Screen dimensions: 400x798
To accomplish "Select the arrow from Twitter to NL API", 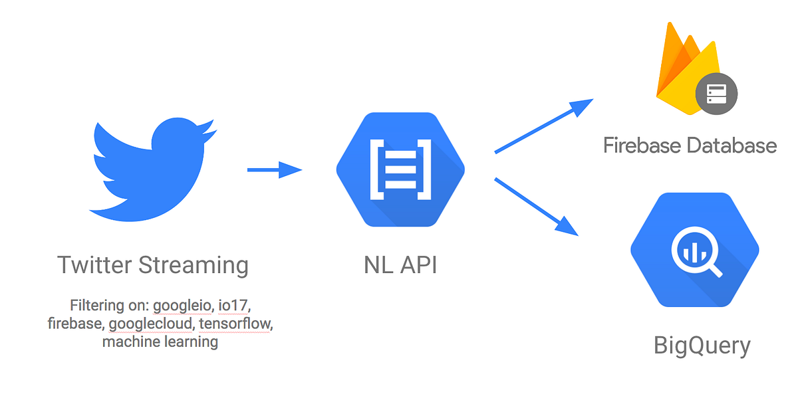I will pos(274,170).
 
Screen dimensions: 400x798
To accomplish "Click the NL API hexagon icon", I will pos(400,170).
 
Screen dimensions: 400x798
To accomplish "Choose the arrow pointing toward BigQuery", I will pos(536,206).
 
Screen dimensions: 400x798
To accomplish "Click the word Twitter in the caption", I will pos(94,265).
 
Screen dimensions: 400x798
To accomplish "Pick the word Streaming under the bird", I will pos(194,265).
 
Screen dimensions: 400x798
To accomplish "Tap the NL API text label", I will pos(400,265).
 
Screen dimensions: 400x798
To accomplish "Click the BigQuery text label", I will pos(702,346).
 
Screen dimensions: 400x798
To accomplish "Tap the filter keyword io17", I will pos(234,306).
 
